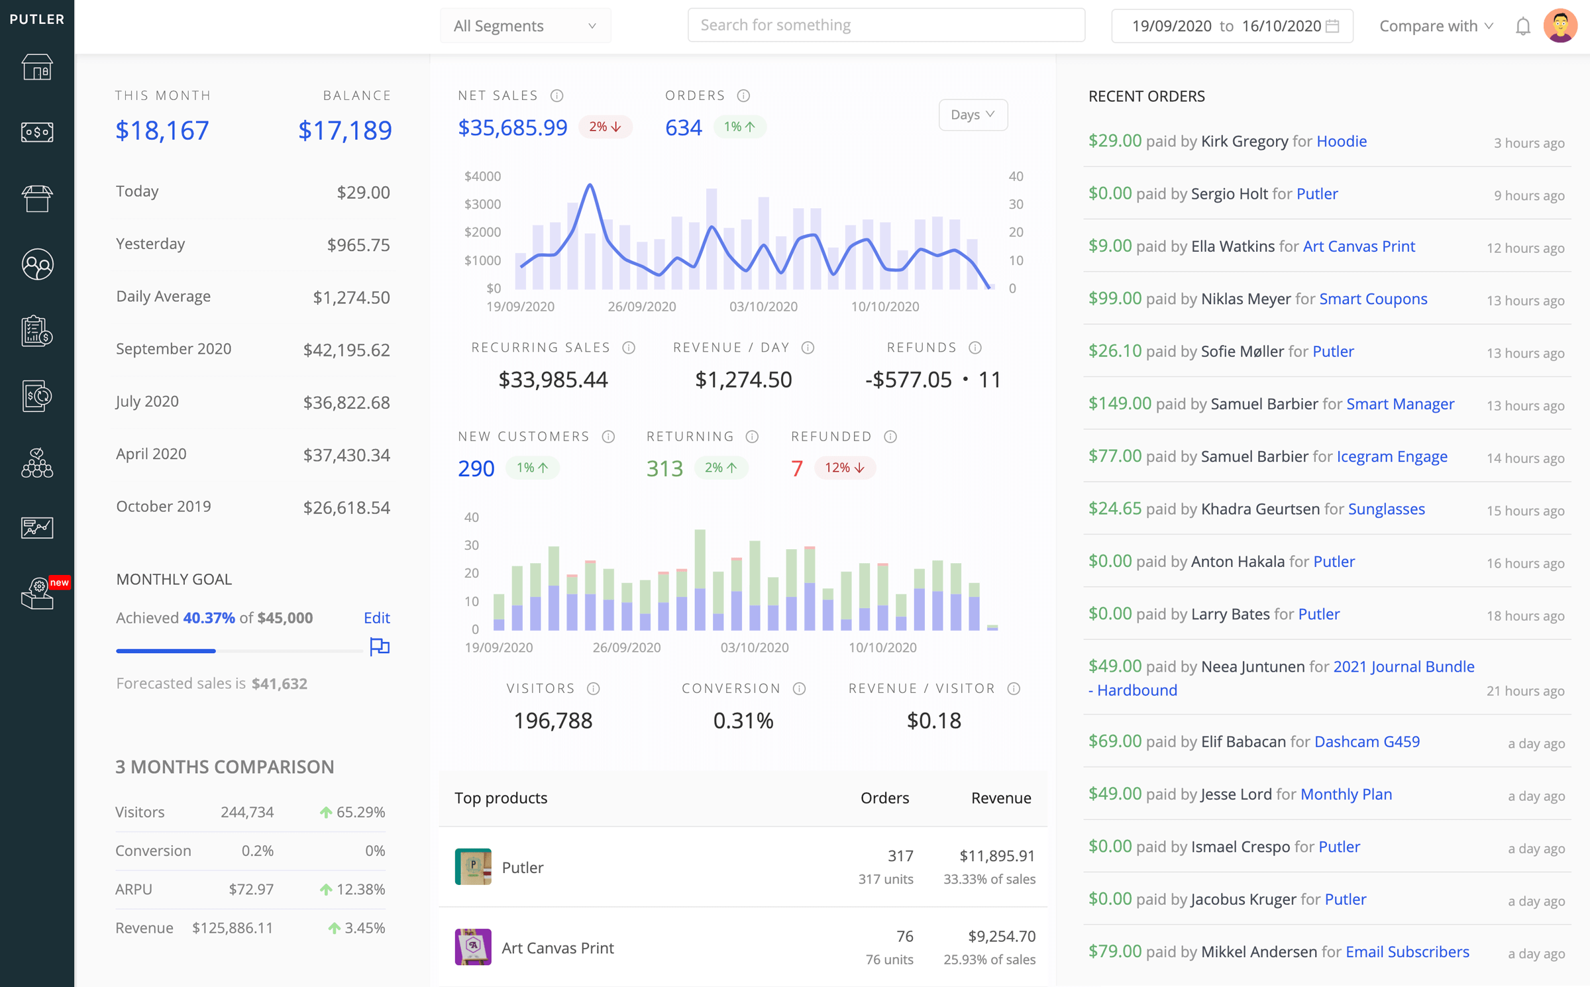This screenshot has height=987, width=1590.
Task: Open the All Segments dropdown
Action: pyautogui.click(x=525, y=26)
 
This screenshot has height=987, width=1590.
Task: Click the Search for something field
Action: pyautogui.click(x=886, y=25)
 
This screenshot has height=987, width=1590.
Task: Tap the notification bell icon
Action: pyautogui.click(x=1522, y=26)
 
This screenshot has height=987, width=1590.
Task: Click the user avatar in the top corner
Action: pyautogui.click(x=1560, y=26)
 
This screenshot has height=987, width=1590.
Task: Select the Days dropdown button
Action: pyautogui.click(x=972, y=115)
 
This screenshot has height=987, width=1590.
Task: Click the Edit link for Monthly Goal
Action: pyautogui.click(x=376, y=617)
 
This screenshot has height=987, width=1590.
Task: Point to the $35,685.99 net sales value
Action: pyautogui.click(x=513, y=127)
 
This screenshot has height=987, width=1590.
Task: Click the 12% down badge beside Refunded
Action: pyautogui.click(x=844, y=468)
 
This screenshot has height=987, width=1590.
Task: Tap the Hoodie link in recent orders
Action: pyautogui.click(x=1341, y=141)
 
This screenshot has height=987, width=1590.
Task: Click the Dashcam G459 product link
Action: pyautogui.click(x=1366, y=741)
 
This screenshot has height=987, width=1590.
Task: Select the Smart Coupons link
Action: pyautogui.click(x=1373, y=299)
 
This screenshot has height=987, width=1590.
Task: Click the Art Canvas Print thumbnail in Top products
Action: pyautogui.click(x=473, y=947)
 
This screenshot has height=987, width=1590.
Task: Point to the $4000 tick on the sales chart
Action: pyautogui.click(x=482, y=176)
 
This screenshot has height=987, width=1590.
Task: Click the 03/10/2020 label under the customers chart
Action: pyautogui.click(x=754, y=647)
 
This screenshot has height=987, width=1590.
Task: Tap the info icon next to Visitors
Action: pyautogui.click(x=594, y=689)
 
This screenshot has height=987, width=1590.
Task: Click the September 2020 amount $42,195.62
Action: pyautogui.click(x=346, y=350)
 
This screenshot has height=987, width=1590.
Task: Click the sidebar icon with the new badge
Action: pyautogui.click(x=38, y=593)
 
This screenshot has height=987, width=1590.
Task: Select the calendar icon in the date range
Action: pyautogui.click(x=1332, y=26)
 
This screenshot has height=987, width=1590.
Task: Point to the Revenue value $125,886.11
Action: pyautogui.click(x=233, y=927)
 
